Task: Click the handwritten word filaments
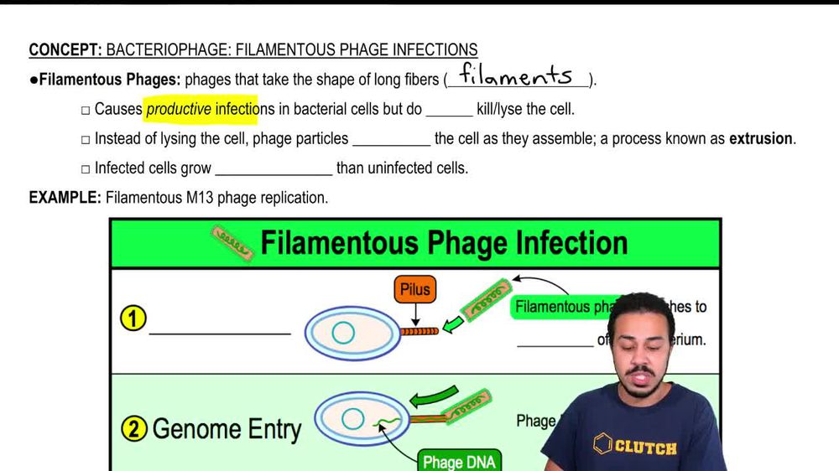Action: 516,76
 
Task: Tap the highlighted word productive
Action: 179,109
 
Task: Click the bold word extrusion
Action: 761,138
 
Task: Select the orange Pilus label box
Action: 414,290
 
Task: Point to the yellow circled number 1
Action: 133,319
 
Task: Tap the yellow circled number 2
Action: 133,430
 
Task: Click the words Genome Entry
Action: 227,430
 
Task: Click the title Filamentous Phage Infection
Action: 444,242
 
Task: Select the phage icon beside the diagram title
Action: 232,242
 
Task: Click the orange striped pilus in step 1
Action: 419,332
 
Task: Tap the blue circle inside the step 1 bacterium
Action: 342,333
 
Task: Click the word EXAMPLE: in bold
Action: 65,198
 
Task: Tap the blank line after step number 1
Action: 220,332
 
